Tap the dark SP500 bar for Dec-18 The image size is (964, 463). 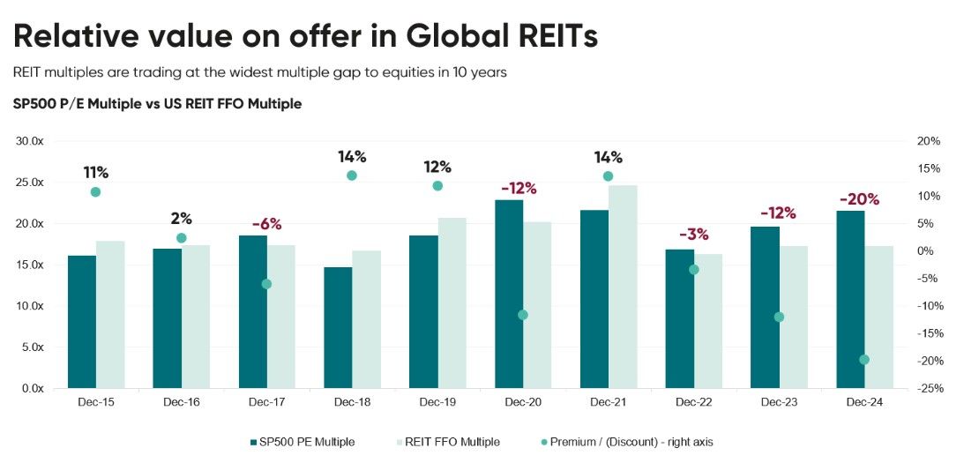point(338,327)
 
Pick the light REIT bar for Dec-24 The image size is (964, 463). point(879,317)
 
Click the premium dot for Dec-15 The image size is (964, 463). point(95,192)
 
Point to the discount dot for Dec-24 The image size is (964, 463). point(864,359)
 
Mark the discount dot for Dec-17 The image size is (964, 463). point(266,284)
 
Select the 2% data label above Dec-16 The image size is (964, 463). point(182,219)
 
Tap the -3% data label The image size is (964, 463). point(693,235)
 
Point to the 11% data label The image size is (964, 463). point(95,172)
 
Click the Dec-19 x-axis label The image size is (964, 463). point(437,402)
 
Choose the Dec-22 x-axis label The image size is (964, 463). point(693,402)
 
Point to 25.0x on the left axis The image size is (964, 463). point(32,183)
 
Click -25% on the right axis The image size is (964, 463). point(930,389)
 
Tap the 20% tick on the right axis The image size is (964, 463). point(930,141)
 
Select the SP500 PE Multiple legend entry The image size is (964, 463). point(303,442)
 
